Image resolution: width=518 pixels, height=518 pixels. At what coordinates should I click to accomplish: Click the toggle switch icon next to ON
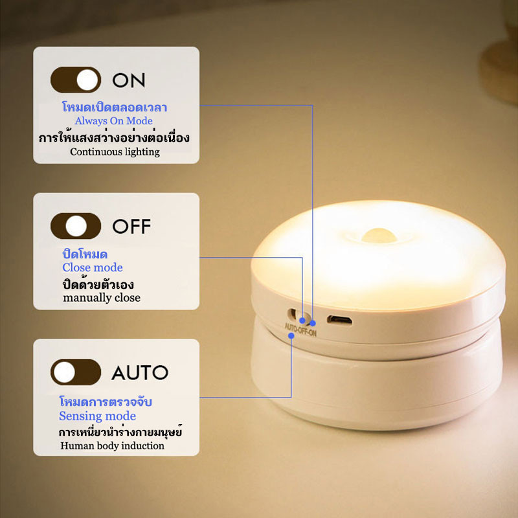point(76,80)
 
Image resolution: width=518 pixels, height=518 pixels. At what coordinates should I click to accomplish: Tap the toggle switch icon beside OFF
point(76,226)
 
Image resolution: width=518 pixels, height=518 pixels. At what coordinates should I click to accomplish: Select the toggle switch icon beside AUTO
point(76,372)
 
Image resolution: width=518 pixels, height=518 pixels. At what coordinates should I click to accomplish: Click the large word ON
point(128,80)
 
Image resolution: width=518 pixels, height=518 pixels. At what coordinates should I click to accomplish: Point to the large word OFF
point(131,226)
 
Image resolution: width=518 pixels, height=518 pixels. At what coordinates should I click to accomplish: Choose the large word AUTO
point(140,372)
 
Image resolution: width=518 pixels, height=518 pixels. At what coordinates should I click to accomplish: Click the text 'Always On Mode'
point(114,121)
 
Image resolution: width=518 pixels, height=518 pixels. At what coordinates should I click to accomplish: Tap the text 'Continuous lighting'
point(115,152)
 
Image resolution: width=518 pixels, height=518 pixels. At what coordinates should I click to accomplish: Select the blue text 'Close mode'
point(93,267)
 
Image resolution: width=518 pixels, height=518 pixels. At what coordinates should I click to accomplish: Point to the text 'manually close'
point(102,298)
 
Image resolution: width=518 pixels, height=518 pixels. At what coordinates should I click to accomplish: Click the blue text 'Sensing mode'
point(98,416)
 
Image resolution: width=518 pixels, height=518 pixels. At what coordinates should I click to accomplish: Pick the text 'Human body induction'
point(112,445)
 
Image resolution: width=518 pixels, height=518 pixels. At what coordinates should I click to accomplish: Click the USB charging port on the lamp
point(339,320)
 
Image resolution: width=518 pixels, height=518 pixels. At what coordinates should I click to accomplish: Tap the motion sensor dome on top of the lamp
point(379,235)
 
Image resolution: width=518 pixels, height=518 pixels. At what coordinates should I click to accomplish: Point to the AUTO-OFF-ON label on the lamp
point(300,330)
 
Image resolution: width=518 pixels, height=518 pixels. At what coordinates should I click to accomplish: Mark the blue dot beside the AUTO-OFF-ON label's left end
point(291,336)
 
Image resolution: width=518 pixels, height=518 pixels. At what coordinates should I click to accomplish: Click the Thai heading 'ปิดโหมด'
point(85,254)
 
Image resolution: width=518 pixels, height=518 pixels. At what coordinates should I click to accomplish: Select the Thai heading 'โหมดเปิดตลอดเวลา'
point(115,107)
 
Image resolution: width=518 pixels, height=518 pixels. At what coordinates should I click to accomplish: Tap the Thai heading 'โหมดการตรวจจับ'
point(106,401)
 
